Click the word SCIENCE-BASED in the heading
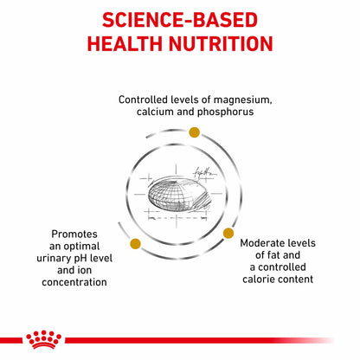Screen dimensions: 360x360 point(180,20)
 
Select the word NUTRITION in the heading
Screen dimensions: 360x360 point(221,44)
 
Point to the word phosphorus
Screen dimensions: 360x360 point(225,112)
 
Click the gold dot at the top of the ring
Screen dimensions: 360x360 point(194,132)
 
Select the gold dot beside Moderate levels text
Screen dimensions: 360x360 point(228,233)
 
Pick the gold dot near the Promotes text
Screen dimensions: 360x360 point(135,244)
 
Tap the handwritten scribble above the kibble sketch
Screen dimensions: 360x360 point(204,172)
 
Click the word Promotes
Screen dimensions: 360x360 point(74,234)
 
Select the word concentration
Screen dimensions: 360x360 point(74,282)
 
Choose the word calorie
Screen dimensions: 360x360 point(257,280)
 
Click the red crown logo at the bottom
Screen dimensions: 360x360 point(43,339)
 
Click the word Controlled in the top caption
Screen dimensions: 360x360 point(143,100)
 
